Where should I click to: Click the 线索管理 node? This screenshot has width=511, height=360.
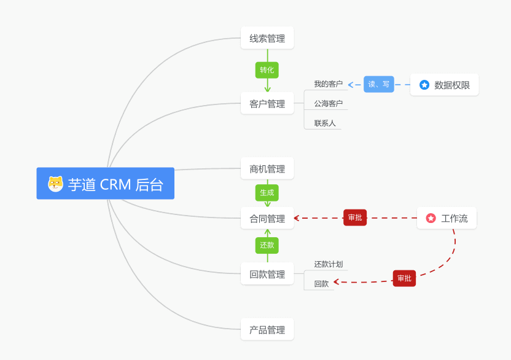pyautogui.click(x=267, y=38)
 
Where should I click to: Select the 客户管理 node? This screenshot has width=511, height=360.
pyautogui.click(x=267, y=104)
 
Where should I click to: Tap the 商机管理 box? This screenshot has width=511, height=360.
pyautogui.click(x=267, y=169)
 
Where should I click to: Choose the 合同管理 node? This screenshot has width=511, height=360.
pyautogui.click(x=267, y=218)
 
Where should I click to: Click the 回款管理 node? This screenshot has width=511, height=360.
pyautogui.click(x=267, y=274)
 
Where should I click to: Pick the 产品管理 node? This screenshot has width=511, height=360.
pyautogui.click(x=267, y=330)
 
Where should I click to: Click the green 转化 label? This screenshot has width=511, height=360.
pyautogui.click(x=267, y=70)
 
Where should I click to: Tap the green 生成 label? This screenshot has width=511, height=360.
pyautogui.click(x=267, y=193)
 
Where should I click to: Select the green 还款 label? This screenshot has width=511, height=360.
pyautogui.click(x=267, y=245)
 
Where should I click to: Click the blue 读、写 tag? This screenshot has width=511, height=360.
pyautogui.click(x=379, y=84)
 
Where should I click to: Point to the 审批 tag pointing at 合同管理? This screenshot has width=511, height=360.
pyautogui.click(x=355, y=217)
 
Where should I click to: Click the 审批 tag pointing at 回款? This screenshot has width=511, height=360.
pyautogui.click(x=404, y=278)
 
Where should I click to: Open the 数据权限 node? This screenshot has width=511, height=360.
pyautogui.click(x=444, y=85)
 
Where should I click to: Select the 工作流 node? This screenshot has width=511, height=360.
pyautogui.click(x=447, y=218)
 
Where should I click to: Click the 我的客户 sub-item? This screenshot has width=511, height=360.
pyautogui.click(x=328, y=84)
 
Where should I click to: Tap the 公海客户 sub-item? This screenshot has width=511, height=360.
pyautogui.click(x=328, y=104)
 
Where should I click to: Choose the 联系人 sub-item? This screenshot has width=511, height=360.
pyautogui.click(x=325, y=123)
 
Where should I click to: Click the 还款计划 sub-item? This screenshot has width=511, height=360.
pyautogui.click(x=328, y=264)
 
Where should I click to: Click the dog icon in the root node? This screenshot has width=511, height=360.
pyautogui.click(x=56, y=184)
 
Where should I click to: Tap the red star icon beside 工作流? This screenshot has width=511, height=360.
pyautogui.click(x=431, y=218)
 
